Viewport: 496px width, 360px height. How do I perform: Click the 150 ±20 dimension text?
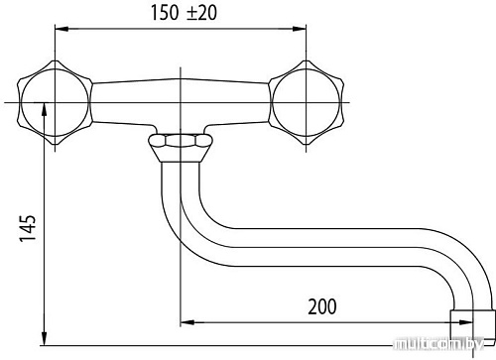tap(184, 13)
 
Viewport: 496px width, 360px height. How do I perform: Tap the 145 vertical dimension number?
tap(28, 228)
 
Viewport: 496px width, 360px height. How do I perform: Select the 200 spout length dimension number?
tap(322, 306)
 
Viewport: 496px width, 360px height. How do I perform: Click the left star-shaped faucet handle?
tap(55, 102)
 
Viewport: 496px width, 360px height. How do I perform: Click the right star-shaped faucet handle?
tap(307, 102)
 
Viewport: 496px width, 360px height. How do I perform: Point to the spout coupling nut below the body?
tap(181, 141)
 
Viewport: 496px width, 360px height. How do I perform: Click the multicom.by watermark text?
tap(439, 344)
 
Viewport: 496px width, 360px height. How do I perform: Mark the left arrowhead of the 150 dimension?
tap(62, 29)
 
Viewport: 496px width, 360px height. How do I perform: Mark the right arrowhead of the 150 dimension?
tap(300, 29)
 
